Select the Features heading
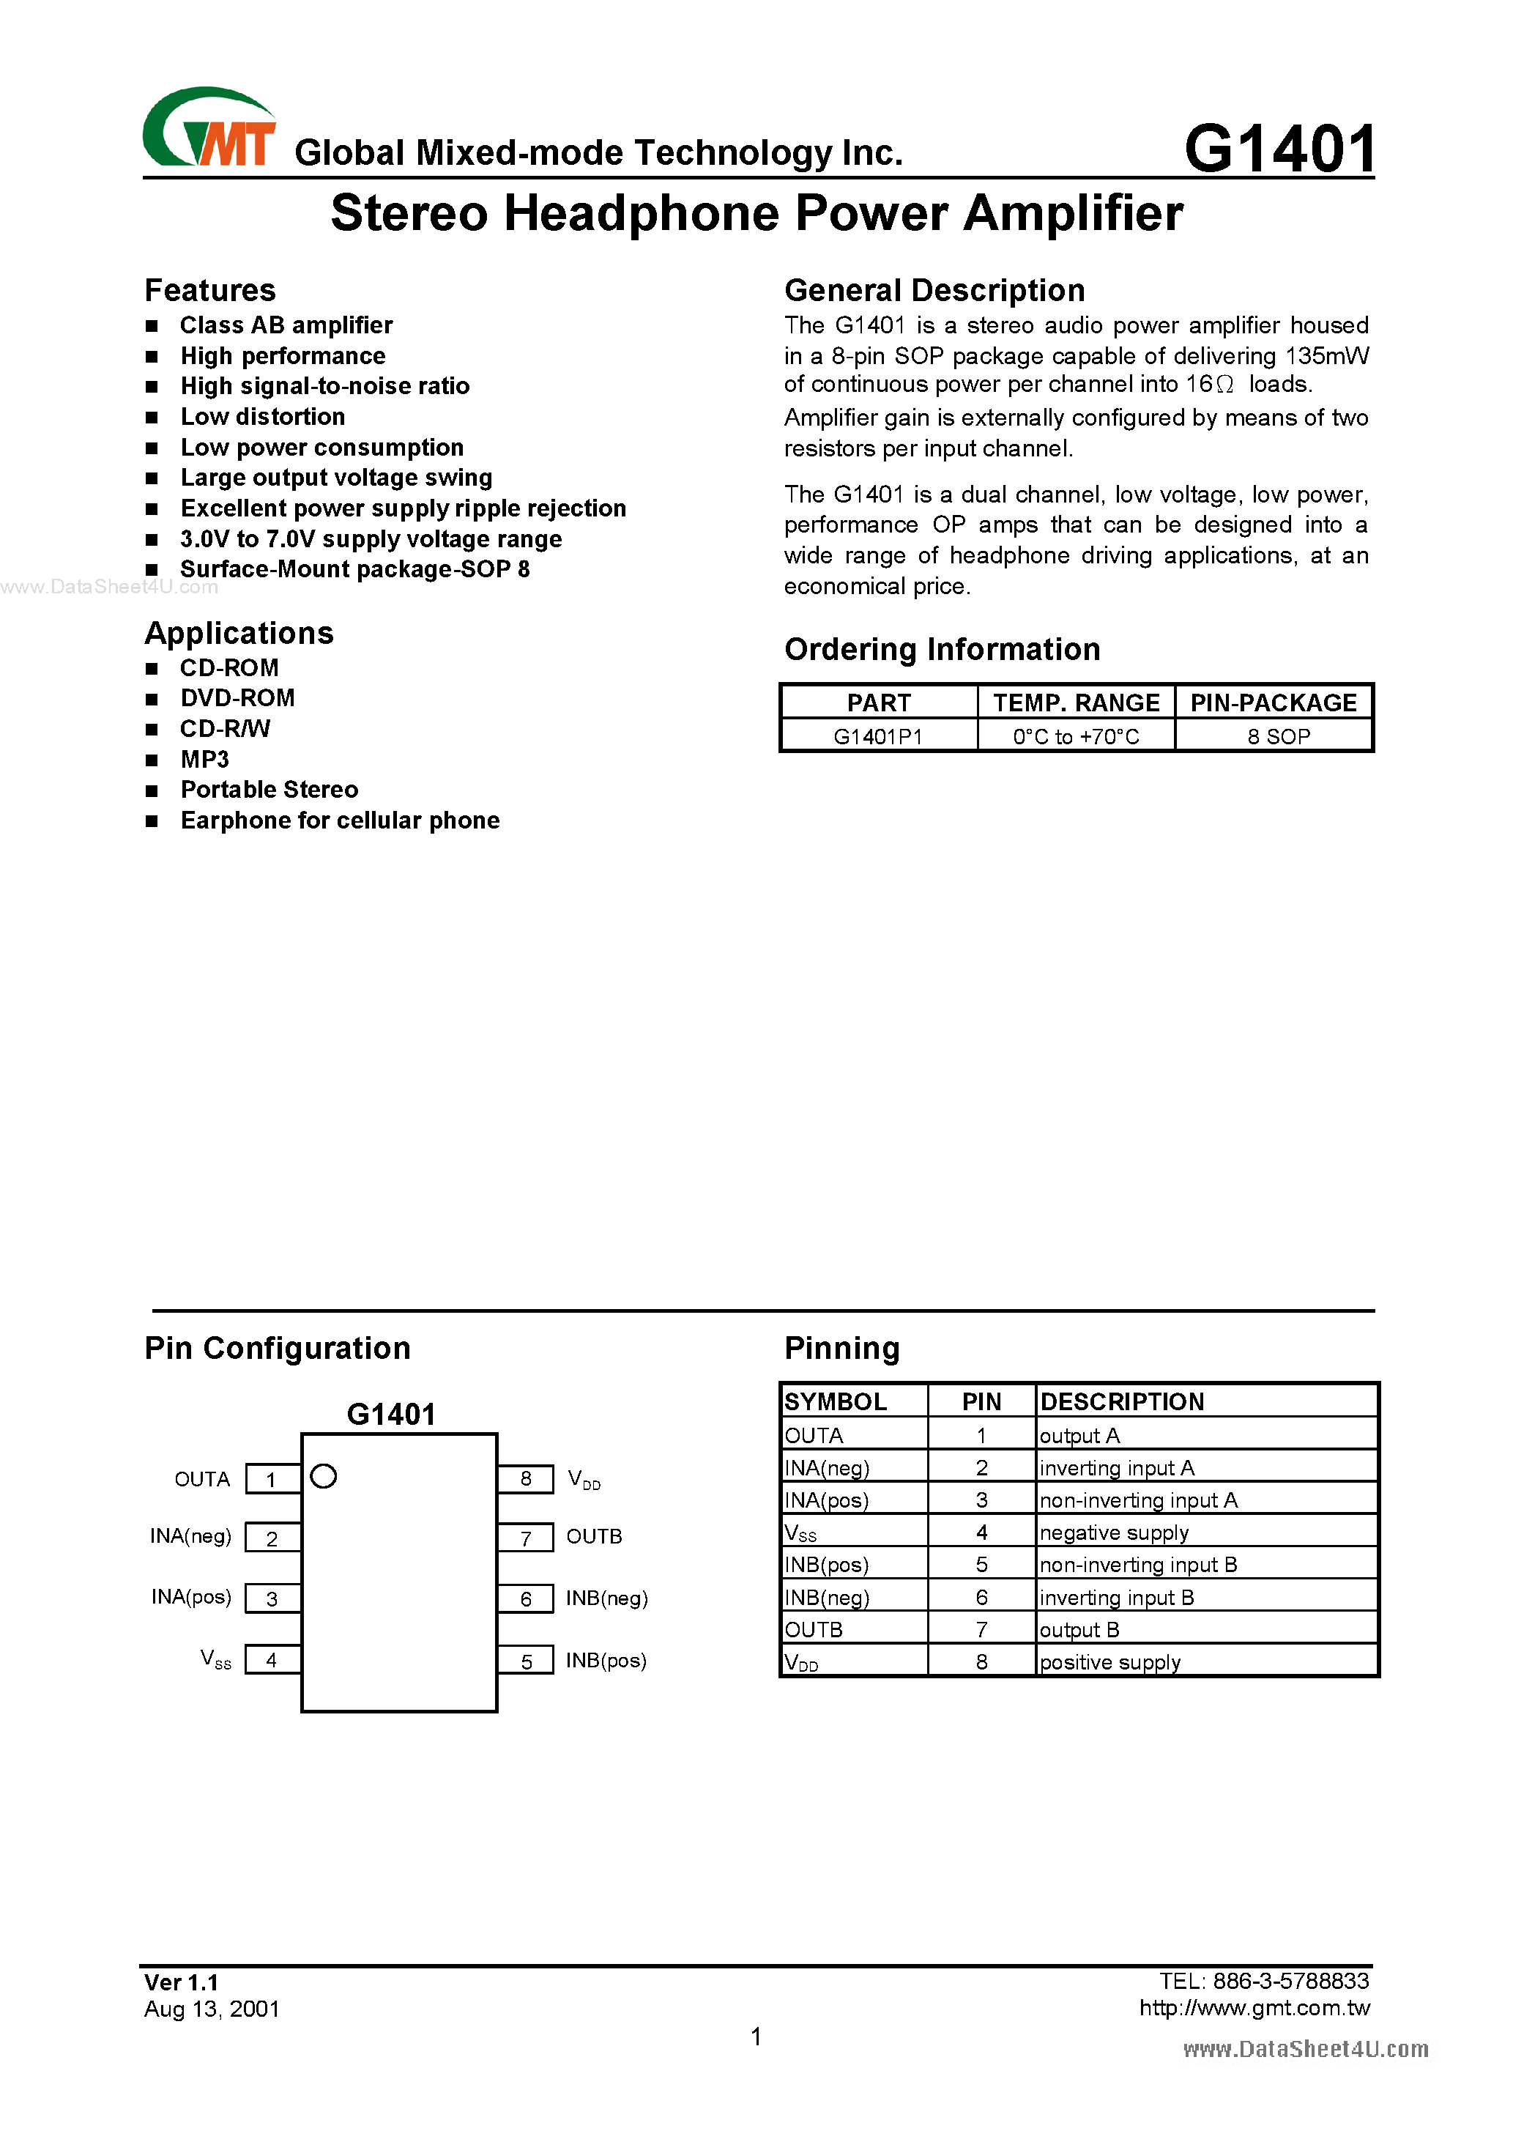coord(210,290)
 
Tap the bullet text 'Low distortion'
coord(262,416)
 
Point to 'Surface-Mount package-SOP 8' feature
coord(354,569)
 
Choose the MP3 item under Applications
coord(204,760)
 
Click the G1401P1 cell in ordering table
coord(878,736)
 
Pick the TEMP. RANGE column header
coord(1076,703)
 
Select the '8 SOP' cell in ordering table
coord(1278,736)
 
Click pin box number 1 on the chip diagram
coord(272,1480)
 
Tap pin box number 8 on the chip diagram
coord(526,1479)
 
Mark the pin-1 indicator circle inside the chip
coord(324,1476)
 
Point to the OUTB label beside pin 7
coord(593,1536)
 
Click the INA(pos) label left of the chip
coord(191,1597)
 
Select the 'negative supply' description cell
coord(1114,1533)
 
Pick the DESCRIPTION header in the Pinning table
coord(1121,1401)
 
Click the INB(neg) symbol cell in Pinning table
coord(827,1597)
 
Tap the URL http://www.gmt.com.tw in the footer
coord(1254,2008)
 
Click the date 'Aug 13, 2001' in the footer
coord(212,2009)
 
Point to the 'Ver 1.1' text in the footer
coord(181,1982)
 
